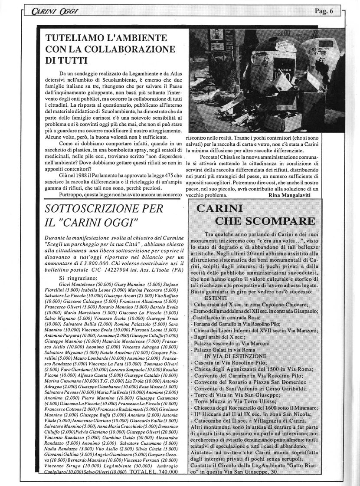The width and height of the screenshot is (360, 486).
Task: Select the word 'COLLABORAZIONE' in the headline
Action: [x=127, y=49]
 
